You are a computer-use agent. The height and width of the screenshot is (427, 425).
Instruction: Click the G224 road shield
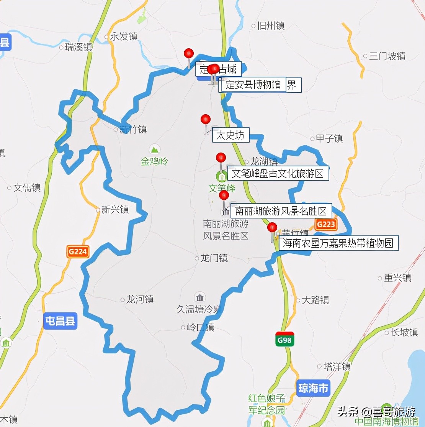click(78, 252)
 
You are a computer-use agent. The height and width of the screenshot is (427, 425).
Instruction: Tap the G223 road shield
click(326, 224)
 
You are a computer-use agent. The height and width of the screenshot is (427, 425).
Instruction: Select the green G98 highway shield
click(285, 339)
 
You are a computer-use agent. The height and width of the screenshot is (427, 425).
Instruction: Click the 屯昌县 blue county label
click(60, 321)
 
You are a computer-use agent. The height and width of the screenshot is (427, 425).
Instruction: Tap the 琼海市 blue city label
click(313, 388)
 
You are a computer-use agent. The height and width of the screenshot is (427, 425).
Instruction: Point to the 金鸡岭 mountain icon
click(155, 149)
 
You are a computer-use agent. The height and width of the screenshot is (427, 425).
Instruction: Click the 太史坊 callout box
click(230, 135)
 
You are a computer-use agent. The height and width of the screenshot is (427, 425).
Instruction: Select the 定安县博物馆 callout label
click(253, 85)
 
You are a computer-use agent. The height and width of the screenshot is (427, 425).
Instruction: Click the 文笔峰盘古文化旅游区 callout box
click(278, 173)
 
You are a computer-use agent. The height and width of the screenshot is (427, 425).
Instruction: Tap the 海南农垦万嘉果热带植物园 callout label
click(338, 243)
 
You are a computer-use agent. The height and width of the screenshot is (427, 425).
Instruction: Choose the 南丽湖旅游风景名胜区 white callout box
click(281, 211)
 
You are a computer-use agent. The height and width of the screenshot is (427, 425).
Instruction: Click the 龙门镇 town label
click(214, 258)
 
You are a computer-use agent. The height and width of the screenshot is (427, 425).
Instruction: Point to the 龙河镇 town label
click(139, 299)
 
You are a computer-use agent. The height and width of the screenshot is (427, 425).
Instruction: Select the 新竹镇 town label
click(132, 130)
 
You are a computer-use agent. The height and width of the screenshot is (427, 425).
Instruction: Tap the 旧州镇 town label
click(271, 26)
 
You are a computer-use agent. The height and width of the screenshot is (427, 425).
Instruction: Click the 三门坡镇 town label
click(387, 56)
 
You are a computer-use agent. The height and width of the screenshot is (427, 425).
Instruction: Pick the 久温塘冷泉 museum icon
click(199, 297)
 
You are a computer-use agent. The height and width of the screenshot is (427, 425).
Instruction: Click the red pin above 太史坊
click(206, 119)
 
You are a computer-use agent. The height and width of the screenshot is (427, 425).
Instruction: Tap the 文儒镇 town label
click(27, 188)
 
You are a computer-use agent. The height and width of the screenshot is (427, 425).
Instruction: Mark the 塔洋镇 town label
click(337, 366)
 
